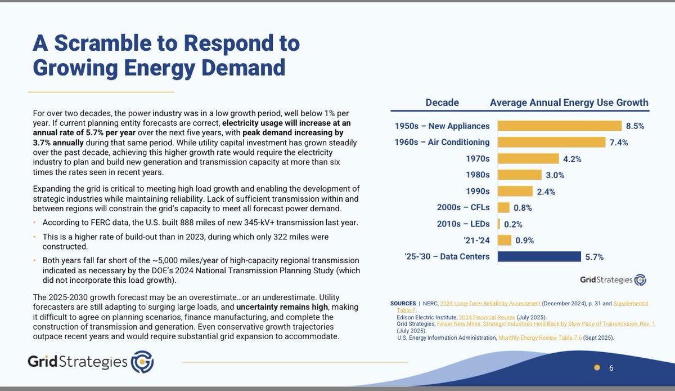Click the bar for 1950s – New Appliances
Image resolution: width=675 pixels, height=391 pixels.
(559, 126)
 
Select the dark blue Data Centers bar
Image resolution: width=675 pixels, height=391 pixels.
(538, 256)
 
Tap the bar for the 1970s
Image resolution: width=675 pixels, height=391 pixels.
(527, 158)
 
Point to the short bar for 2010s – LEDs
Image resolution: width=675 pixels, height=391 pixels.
(498, 224)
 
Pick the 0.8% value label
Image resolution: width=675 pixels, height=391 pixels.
(522, 207)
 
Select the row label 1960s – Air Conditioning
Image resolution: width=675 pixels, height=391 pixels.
(442, 142)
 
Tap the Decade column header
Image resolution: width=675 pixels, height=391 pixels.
(442, 103)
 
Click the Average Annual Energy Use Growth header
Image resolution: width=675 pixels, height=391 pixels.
(569, 103)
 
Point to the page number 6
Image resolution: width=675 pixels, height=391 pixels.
(611, 368)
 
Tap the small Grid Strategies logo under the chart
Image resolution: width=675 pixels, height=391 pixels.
(613, 280)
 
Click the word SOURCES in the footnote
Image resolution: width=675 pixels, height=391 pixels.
(403, 304)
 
